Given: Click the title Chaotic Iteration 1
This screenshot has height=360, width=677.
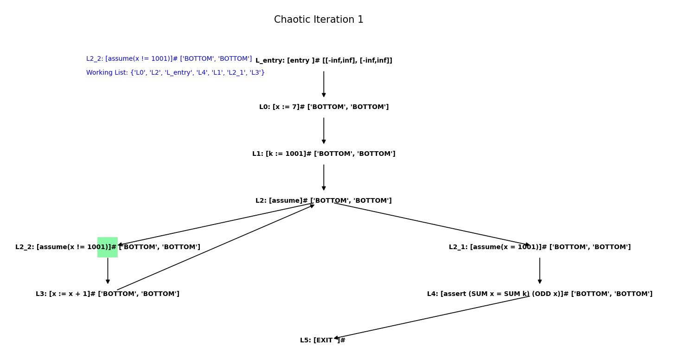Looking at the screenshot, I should pyautogui.click(x=319, y=20).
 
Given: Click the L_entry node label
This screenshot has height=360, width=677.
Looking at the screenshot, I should pyautogui.click(x=324, y=61).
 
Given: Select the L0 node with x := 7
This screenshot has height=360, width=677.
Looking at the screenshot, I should pyautogui.click(x=324, y=107).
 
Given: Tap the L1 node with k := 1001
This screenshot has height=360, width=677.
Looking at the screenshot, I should pyautogui.click(x=324, y=154).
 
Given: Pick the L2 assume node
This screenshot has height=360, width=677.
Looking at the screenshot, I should pyautogui.click(x=324, y=201).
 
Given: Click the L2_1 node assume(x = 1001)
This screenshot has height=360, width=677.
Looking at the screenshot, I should pyautogui.click(x=539, y=247).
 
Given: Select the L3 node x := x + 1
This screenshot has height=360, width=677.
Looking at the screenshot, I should pyautogui.click(x=108, y=294).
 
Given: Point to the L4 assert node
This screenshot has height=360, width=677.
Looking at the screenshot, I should pyautogui.click(x=539, y=294).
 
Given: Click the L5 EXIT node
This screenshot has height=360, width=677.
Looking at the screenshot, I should pyautogui.click(x=322, y=341).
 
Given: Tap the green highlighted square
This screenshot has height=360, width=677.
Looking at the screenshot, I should pyautogui.click(x=108, y=247).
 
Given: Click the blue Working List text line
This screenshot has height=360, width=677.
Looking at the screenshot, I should pyautogui.click(x=175, y=73).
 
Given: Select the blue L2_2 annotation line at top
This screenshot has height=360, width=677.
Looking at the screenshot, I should pyautogui.click(x=169, y=59).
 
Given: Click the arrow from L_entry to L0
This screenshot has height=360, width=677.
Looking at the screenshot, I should pyautogui.click(x=324, y=84).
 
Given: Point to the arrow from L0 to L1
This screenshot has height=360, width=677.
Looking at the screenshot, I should pyautogui.click(x=324, y=130).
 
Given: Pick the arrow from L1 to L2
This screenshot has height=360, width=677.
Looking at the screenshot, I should pyautogui.click(x=324, y=177).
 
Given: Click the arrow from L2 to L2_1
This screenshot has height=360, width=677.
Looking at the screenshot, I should pyautogui.click(x=431, y=224).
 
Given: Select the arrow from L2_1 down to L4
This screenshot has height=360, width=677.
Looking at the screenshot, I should pyautogui.click(x=540, y=270).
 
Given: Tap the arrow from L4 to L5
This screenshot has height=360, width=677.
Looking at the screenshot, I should pyautogui.click(x=431, y=317).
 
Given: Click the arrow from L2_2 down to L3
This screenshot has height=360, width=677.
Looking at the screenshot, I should pyautogui.click(x=108, y=270).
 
